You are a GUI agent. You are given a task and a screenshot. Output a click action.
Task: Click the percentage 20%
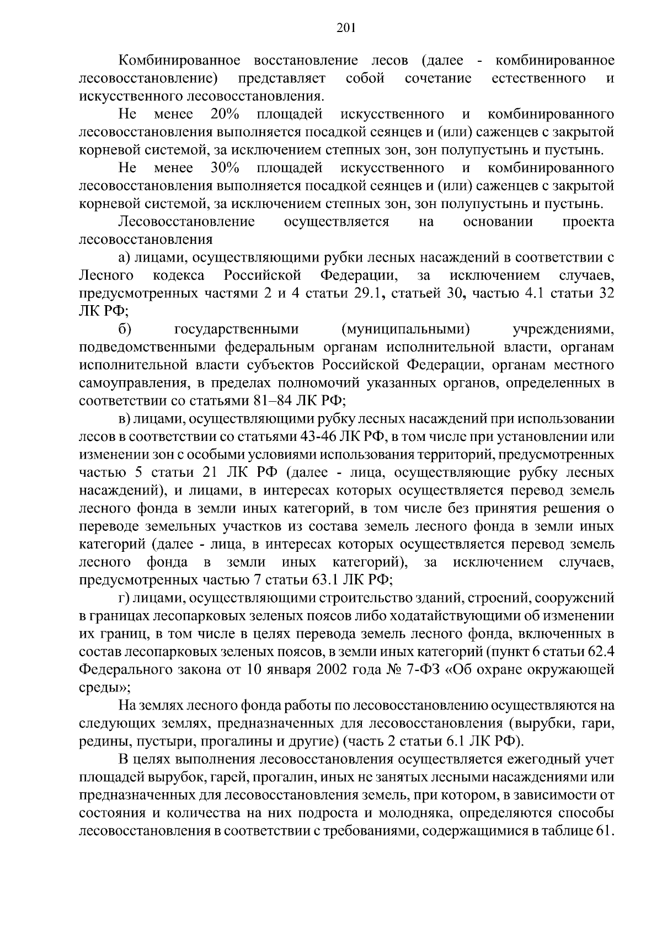[225, 114]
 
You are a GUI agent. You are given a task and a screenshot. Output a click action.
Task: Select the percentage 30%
[225, 168]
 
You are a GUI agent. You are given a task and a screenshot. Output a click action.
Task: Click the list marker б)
[125, 329]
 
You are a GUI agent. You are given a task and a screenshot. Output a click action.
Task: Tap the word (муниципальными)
[406, 329]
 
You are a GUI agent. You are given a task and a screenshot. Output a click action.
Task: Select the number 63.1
[326, 580]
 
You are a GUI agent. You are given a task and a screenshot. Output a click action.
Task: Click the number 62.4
[601, 652]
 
